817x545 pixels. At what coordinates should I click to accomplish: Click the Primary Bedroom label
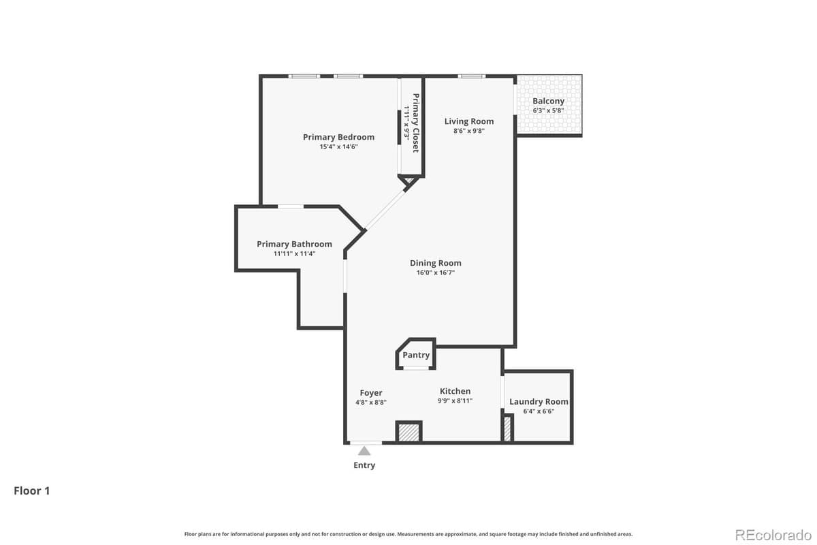[338, 137]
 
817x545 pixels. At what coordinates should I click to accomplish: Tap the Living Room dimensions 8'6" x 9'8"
[469, 131]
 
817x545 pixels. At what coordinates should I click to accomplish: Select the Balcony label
[548, 101]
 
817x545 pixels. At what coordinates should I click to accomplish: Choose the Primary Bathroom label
[294, 244]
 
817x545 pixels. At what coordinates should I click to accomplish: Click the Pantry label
[416, 355]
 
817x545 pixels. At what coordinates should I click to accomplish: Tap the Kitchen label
[455, 391]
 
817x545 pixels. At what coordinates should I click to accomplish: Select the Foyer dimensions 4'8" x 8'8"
[371, 402]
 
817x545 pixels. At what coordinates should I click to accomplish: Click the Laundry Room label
[539, 401]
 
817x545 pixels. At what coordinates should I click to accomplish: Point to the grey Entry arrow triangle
[364, 450]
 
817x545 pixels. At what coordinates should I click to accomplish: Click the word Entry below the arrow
[364, 465]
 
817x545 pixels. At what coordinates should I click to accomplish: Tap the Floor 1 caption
[32, 490]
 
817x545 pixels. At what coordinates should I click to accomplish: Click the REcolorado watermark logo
[772, 533]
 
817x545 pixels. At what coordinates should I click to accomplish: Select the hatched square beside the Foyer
[409, 433]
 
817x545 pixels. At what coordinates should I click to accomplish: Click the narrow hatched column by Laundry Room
[507, 429]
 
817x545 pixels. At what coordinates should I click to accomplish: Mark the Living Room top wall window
[471, 76]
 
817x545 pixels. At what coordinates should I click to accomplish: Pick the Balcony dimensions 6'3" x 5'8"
[548, 110]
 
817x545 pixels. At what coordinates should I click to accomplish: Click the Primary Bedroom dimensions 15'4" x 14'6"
[338, 146]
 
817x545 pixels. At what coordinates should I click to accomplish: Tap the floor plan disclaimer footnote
[408, 534]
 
